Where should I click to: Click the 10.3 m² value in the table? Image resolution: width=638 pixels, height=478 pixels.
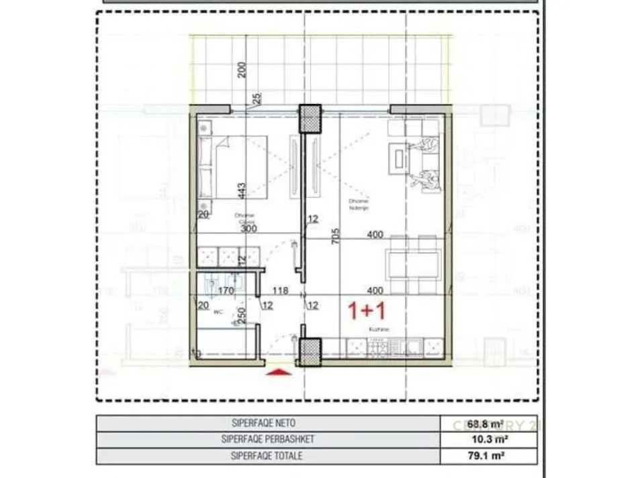click(x=490, y=440)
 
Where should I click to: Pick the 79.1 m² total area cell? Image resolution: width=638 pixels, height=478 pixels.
click(x=490, y=456)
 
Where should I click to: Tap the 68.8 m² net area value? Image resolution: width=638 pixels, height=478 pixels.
click(x=490, y=424)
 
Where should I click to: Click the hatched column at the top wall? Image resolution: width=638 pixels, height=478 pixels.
click(x=311, y=119)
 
